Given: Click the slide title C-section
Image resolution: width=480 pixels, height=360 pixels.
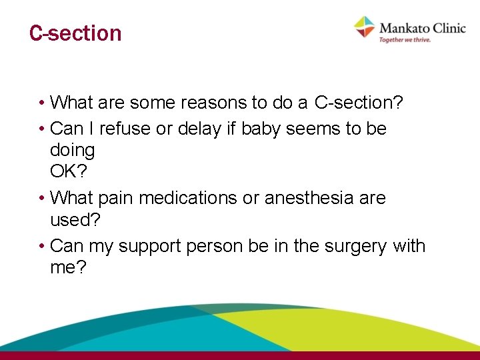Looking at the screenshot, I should [x=75, y=33].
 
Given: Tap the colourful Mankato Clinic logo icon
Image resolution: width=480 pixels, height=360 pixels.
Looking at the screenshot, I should [x=365, y=27].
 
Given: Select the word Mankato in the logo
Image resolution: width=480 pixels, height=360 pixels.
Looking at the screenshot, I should [x=404, y=27].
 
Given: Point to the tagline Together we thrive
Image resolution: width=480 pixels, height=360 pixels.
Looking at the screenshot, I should [x=405, y=40].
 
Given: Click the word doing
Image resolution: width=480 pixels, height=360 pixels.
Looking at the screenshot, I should [x=72, y=151].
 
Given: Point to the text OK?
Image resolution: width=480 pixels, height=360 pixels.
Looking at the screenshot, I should [x=68, y=172].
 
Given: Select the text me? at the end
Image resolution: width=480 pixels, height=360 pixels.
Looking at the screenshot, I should [x=68, y=267].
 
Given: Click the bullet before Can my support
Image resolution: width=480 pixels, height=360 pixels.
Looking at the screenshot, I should [x=41, y=246].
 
